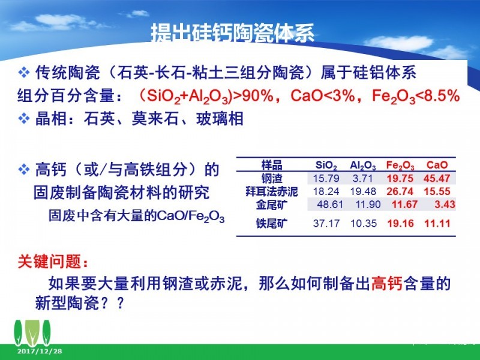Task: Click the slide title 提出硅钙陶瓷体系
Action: pyautogui.click(x=233, y=33)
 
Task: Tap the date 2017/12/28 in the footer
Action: pyautogui.click(x=40, y=351)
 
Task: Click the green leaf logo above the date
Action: pyautogui.click(x=32, y=333)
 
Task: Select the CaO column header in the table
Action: pyautogui.click(x=437, y=165)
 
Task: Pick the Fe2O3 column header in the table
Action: pyautogui.click(x=400, y=166)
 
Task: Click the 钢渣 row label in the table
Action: pyautogui.click(x=272, y=178)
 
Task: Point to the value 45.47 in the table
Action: pyautogui.click(x=437, y=178)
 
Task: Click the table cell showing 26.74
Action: pyautogui.click(x=400, y=191)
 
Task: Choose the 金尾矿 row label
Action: pyautogui.click(x=272, y=205)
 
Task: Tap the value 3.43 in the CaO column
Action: pyautogui.click(x=445, y=204)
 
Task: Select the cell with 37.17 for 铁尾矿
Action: pyautogui.click(x=326, y=223)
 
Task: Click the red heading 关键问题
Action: pyautogui.click(x=53, y=262)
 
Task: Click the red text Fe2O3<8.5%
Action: pyautogui.click(x=416, y=96)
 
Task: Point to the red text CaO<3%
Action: pyautogui.click(x=322, y=95)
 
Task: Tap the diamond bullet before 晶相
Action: pyautogui.click(x=24, y=118)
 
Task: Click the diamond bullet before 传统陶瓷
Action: pyautogui.click(x=24, y=73)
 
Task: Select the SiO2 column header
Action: pyautogui.click(x=326, y=166)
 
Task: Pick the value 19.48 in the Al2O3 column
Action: pyautogui.click(x=363, y=191)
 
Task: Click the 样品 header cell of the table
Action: pyautogui.click(x=272, y=165)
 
